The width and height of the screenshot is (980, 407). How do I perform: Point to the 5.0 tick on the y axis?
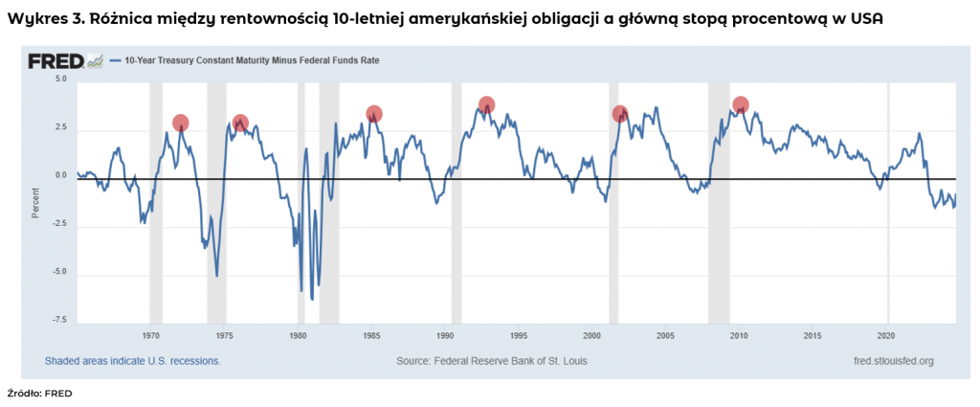(x=59, y=79)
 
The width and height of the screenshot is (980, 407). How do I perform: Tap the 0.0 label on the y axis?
(x=59, y=175)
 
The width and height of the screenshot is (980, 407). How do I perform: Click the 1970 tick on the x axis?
(x=150, y=335)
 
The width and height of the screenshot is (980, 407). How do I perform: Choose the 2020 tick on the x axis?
(x=886, y=335)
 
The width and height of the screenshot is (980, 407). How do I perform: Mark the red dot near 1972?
(x=180, y=123)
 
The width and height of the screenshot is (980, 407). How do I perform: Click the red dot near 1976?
(x=240, y=123)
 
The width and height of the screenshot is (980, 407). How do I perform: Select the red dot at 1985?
(x=374, y=114)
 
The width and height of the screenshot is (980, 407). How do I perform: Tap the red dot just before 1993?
(x=486, y=105)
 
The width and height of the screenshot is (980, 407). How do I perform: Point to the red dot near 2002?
(x=620, y=113)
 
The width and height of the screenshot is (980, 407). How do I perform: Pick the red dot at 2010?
(x=740, y=104)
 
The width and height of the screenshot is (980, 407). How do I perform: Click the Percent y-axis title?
(x=35, y=202)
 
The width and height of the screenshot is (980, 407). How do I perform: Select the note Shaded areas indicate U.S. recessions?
(x=132, y=361)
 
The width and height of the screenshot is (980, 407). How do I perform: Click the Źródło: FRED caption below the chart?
(x=39, y=393)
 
